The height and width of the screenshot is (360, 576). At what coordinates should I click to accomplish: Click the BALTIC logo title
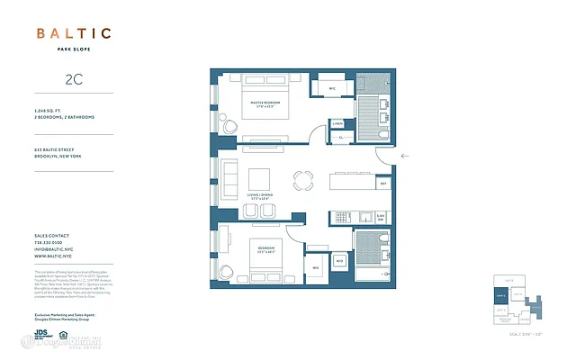pyautogui.click(x=74, y=34)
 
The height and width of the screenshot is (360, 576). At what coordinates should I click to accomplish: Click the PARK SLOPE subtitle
pyautogui.click(x=74, y=50)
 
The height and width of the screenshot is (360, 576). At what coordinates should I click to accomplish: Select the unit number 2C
pyautogui.click(x=74, y=79)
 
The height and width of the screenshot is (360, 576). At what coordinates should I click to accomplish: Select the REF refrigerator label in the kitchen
pyautogui.click(x=382, y=184)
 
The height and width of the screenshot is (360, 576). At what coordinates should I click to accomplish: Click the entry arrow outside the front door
pyautogui.click(x=406, y=157)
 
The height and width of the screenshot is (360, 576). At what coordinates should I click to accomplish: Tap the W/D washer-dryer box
pyautogui.click(x=339, y=260)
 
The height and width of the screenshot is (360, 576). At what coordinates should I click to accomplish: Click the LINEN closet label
pyautogui.click(x=337, y=123)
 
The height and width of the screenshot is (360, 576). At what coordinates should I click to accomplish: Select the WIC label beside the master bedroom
pyautogui.click(x=331, y=88)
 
